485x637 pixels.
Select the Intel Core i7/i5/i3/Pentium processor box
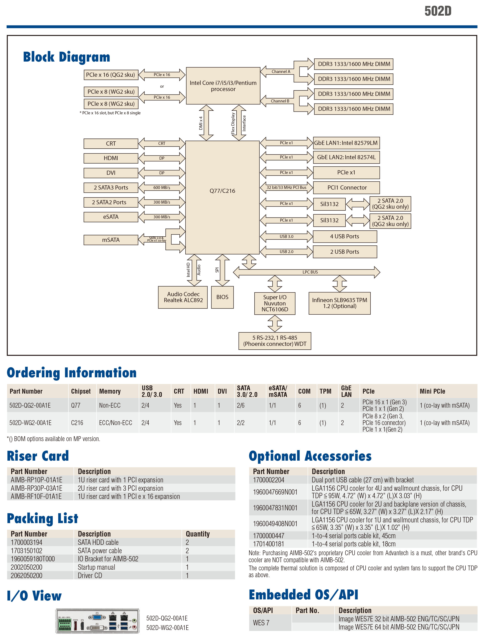pyautogui.click(x=223, y=86)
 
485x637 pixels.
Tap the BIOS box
pyautogui.click(x=222, y=297)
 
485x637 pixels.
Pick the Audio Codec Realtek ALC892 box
pyautogui.click(x=183, y=297)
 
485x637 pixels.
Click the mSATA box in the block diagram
pyautogui.click(x=111, y=240)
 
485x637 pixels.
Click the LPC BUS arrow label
pyautogui.click(x=310, y=272)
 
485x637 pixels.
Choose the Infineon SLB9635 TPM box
pyautogui.click(x=339, y=303)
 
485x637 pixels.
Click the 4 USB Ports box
pyautogui.click(x=345, y=237)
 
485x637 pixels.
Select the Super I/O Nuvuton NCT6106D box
pyautogui.click(x=275, y=303)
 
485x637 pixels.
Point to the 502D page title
pyautogui.click(x=438, y=11)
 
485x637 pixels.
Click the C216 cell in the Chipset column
pyautogui.click(x=77, y=423)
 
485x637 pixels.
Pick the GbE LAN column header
pyautogui.click(x=346, y=391)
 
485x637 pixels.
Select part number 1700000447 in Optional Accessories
pyautogui.click(x=268, y=536)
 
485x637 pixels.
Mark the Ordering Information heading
pyautogui.click(x=72, y=372)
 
